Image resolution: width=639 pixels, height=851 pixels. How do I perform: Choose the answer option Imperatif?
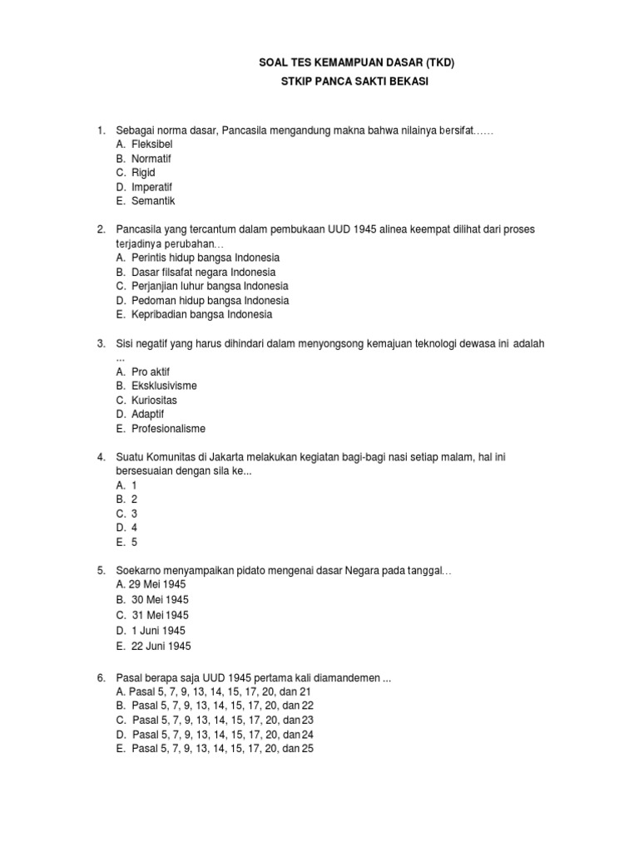pyautogui.click(x=151, y=186)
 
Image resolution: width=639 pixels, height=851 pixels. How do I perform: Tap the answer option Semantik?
pyautogui.click(x=153, y=200)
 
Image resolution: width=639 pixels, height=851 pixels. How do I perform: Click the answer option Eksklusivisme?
pyautogui.click(x=164, y=386)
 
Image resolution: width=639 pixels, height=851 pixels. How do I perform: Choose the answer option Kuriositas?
pyautogui.click(x=154, y=400)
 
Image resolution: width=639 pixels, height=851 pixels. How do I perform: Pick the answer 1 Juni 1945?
pyautogui.click(x=158, y=631)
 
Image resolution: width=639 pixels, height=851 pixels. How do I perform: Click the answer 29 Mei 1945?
pyautogui.click(x=158, y=584)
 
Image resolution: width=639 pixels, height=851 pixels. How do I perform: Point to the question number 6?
pyautogui.click(x=101, y=677)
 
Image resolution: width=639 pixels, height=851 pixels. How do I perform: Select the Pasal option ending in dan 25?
pyautogui.click(x=222, y=748)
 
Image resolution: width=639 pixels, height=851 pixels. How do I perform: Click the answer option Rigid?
pyautogui.click(x=143, y=172)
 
